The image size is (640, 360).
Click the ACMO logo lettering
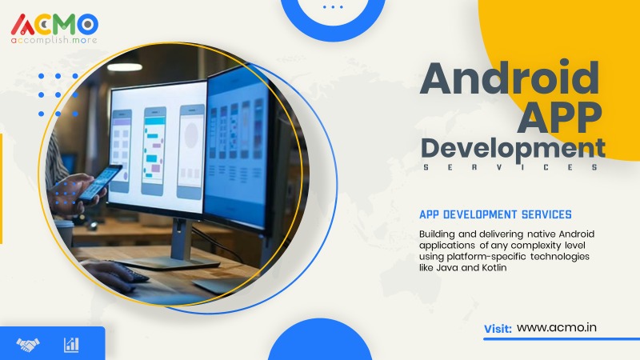pos(54,24)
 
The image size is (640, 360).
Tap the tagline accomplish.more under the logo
pos(54,40)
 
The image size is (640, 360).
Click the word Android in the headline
pos(510,78)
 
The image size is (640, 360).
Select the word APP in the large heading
pos(559,118)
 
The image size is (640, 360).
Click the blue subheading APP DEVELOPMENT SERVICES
pos(495,214)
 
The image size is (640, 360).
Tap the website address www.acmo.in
pos(556,327)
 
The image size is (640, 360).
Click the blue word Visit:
pos(498,329)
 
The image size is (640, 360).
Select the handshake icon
pos(28,345)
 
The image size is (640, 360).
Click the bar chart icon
pos(71,345)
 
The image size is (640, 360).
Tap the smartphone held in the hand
pos(100,183)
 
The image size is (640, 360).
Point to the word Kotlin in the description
pos(494,268)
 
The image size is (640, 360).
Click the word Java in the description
pos(447,268)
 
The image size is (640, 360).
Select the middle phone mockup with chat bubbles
pos(154,151)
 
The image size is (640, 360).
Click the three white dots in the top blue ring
pos(333,7)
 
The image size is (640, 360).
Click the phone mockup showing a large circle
pos(191,152)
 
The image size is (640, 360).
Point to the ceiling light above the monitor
pos(125,67)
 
